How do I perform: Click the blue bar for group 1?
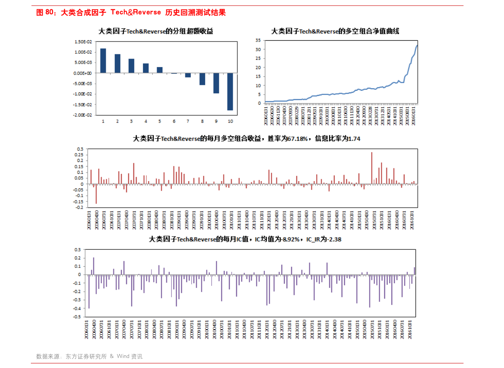coord(103,61)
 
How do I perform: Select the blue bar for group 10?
coord(230,92)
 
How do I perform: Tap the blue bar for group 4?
coord(146,68)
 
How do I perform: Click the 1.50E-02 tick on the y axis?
coord(83,42)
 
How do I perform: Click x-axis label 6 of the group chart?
coord(174,121)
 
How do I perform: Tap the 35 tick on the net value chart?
coord(258,40)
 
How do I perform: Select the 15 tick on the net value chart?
coord(258,76)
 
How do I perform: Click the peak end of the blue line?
coord(417,45)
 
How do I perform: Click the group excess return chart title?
coord(156,31)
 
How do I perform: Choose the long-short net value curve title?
coord(335,31)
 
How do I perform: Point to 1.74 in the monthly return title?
coord(354,139)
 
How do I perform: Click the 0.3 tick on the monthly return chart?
coord(80,149)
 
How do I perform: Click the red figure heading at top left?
coord(131,13)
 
